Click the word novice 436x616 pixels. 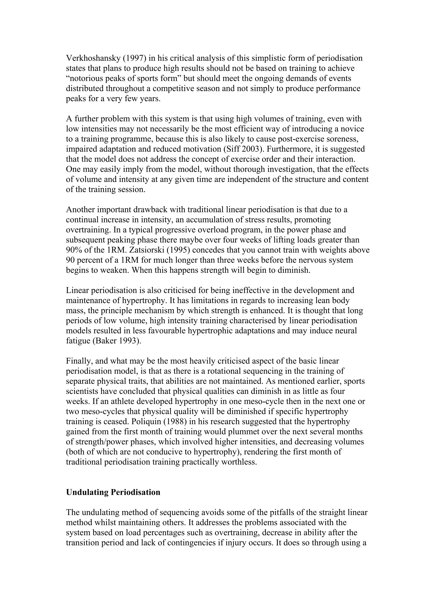[x=351, y=129]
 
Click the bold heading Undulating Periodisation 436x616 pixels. [x=113, y=492]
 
